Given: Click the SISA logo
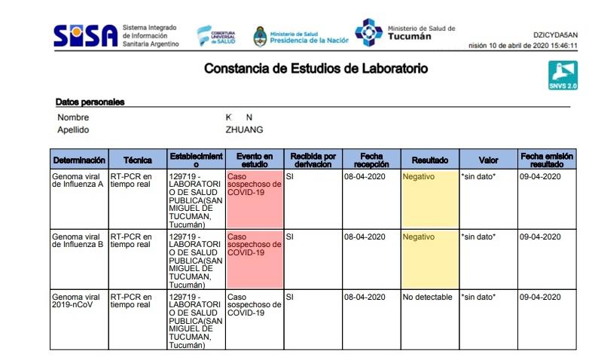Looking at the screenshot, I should [x=85, y=35].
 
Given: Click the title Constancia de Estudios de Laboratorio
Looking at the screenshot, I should [x=316, y=69].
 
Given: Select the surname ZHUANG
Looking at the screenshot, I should [x=244, y=130].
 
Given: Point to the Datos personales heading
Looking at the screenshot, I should [x=90, y=102].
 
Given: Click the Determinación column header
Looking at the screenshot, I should [x=78, y=160].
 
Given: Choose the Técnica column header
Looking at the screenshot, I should [x=137, y=160].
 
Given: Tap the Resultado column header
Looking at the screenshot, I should [x=429, y=160].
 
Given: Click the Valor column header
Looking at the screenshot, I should [x=488, y=160].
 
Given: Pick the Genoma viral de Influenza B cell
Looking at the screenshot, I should [x=78, y=240].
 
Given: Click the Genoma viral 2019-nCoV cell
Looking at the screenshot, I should [x=78, y=301].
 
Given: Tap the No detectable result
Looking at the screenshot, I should [x=428, y=297].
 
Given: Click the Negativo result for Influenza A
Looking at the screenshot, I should [x=419, y=176].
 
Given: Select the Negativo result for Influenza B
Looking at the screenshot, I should [x=419, y=236].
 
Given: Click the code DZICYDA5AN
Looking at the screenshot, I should [x=556, y=35].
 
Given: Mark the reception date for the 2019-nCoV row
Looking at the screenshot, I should [x=365, y=297].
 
